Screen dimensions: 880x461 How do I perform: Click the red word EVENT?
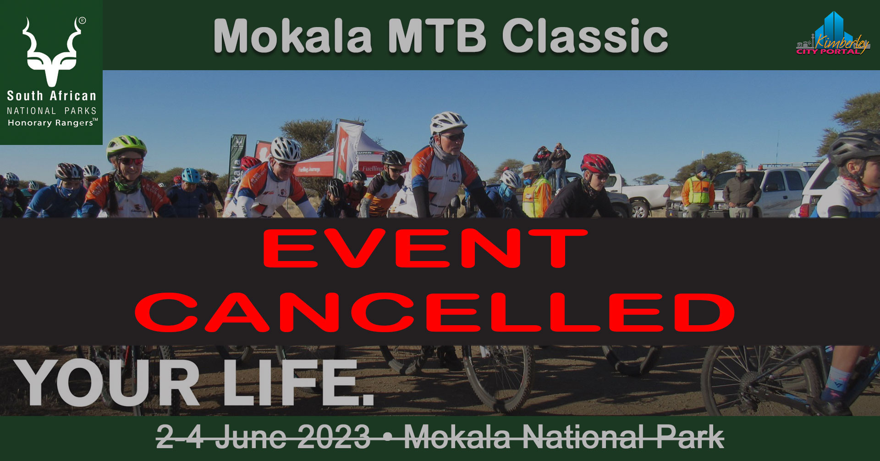point(425,248)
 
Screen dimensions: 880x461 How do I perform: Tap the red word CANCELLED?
point(435,312)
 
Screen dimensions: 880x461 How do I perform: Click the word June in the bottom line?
point(250,437)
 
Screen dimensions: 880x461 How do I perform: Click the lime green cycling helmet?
point(126,146)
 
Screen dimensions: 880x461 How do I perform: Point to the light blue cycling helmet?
point(191,175)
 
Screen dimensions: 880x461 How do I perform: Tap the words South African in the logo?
point(52,96)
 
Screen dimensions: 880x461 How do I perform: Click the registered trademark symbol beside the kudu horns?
point(82,21)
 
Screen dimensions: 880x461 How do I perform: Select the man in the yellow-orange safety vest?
point(698,191)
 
